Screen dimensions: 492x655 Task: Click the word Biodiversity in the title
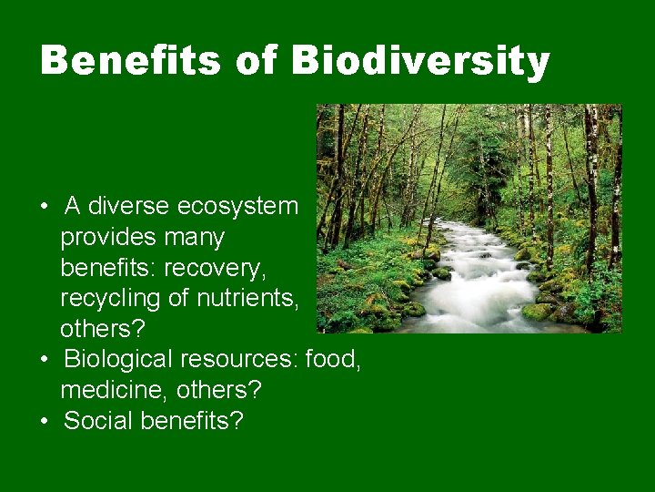421,62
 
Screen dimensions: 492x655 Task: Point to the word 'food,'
334,360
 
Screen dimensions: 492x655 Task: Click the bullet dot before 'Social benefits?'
45,422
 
